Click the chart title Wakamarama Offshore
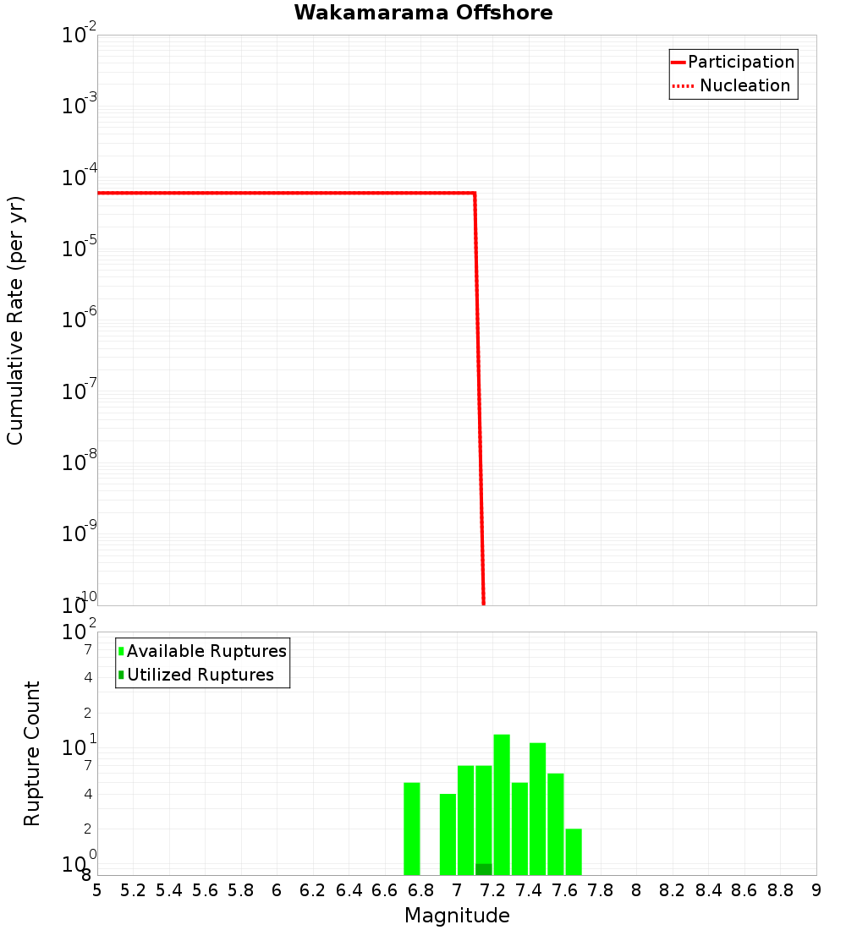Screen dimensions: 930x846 pyautogui.click(x=423, y=13)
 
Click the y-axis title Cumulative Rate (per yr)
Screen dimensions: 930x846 pyautogui.click(x=15, y=320)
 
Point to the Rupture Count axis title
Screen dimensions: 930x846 pyautogui.click(x=32, y=753)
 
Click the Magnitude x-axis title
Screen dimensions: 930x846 pyautogui.click(x=457, y=916)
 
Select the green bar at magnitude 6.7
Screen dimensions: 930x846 pyautogui.click(x=412, y=829)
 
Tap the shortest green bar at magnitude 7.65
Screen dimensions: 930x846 pyautogui.click(x=574, y=851)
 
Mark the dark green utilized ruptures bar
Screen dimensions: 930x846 pyautogui.click(x=484, y=869)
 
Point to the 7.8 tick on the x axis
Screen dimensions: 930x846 pyautogui.click(x=601, y=890)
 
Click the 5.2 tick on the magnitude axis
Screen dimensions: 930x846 pyautogui.click(x=133, y=890)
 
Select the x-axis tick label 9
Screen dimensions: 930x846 pyautogui.click(x=816, y=890)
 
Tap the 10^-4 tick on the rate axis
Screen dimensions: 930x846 pyautogui.click(x=80, y=178)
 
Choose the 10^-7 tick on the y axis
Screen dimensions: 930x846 pyautogui.click(x=80, y=391)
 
